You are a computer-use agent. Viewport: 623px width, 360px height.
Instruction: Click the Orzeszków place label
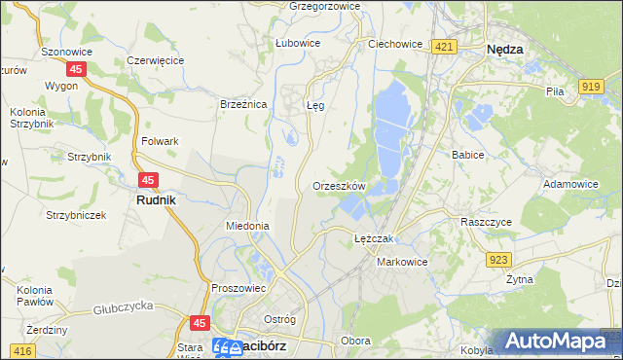(x=339, y=186)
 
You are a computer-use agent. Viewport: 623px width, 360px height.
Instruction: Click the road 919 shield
(x=590, y=87)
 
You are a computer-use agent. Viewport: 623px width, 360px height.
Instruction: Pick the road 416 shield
(x=21, y=348)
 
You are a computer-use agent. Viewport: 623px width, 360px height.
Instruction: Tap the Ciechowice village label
(x=394, y=44)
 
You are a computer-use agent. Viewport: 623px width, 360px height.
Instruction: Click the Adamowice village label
(x=571, y=183)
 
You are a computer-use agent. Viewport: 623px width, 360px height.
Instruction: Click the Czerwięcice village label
(x=156, y=60)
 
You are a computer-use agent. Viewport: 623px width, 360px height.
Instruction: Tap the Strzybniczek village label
(x=76, y=214)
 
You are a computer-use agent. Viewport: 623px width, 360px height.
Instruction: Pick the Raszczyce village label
(x=488, y=222)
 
